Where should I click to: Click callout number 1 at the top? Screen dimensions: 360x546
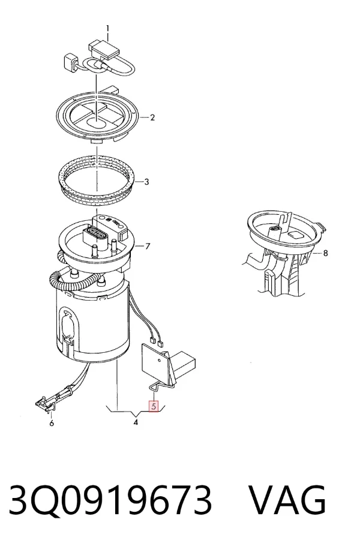107,28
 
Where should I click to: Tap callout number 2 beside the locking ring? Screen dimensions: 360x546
152,118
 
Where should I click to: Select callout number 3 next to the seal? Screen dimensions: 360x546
146,182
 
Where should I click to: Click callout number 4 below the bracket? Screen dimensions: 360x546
136,422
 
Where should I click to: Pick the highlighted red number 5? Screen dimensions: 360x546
154,406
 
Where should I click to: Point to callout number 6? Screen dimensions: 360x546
52,424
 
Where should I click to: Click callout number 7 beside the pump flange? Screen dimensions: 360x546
148,247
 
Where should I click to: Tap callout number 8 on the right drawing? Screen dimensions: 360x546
326,253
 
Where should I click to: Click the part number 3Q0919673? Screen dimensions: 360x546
110,500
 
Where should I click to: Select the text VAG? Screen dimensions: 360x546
288,500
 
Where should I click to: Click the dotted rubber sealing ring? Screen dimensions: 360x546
96,181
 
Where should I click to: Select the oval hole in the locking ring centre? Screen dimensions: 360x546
96,122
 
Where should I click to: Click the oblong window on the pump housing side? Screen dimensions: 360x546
68,325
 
